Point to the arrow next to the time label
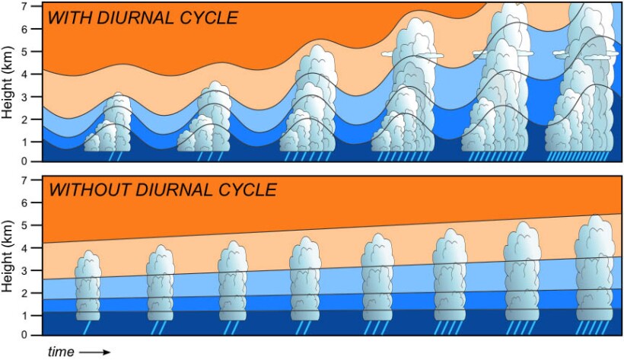(x=94, y=352)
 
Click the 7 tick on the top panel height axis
(x=33, y=7)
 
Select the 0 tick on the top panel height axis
(x=33, y=161)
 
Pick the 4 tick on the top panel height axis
(x=33, y=75)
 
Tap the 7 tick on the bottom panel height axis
(x=33, y=180)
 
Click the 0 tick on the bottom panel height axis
(x=33, y=334)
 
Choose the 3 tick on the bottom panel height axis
(x=33, y=270)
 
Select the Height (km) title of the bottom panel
(x=9, y=256)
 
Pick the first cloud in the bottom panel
(x=88, y=285)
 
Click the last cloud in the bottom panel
(x=594, y=270)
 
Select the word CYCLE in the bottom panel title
(x=248, y=190)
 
